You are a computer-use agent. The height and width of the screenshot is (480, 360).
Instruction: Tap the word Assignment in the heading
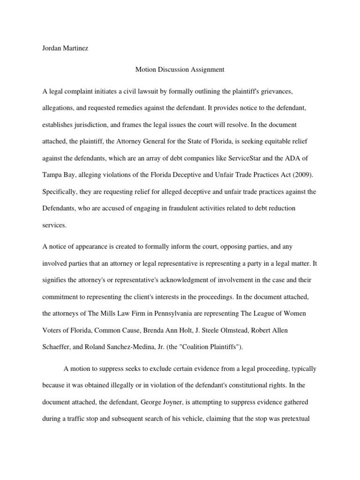coord(208,69)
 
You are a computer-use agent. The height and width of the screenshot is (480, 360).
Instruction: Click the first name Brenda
coord(167,330)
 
